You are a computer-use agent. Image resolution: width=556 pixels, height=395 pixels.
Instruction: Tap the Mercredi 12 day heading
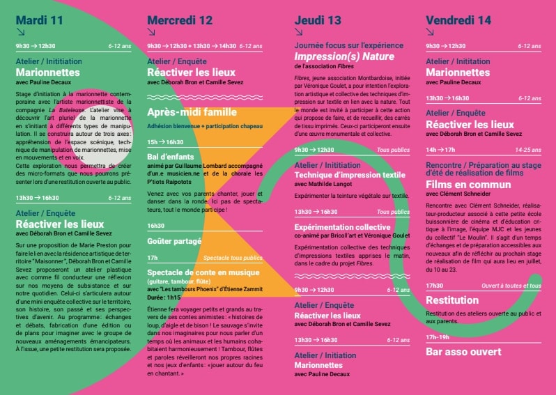point(180,20)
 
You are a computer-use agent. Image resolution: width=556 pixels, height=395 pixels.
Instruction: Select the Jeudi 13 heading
point(318,20)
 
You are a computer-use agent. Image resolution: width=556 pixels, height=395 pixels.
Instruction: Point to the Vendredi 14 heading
point(459,20)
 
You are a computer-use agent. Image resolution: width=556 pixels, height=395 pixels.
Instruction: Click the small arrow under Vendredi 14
point(430,31)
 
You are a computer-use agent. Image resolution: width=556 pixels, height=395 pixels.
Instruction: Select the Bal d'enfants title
point(171,157)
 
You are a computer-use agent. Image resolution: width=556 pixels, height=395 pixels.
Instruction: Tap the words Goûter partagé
point(174,240)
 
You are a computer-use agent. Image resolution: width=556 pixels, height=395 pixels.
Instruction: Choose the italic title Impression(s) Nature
point(344,56)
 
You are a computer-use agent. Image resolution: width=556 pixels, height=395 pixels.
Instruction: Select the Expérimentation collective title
point(342,227)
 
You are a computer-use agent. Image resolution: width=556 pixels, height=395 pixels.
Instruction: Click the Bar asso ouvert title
point(463,352)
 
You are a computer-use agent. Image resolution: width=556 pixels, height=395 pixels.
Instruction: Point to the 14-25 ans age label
point(527,149)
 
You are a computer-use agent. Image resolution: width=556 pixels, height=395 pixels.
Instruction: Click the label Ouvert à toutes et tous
point(511,286)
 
